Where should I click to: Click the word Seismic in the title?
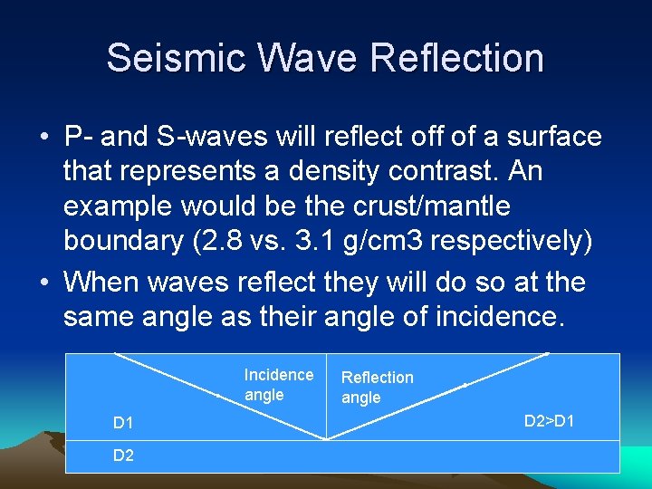click(172, 58)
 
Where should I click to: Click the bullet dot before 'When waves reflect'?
click(44, 283)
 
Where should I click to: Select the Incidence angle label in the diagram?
click(278, 385)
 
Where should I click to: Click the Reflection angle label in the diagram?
click(377, 388)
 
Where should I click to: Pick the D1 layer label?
click(123, 423)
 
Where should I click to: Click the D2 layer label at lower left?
click(123, 455)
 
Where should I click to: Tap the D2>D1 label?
click(550, 421)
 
